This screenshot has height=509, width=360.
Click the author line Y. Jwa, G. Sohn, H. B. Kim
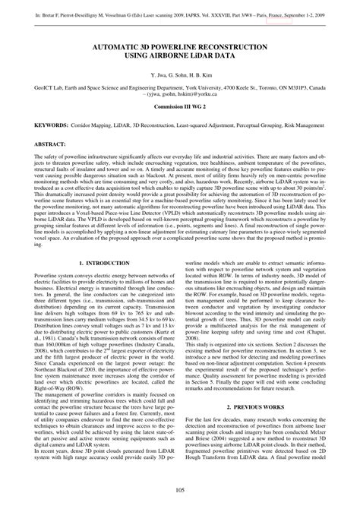(179, 77)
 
